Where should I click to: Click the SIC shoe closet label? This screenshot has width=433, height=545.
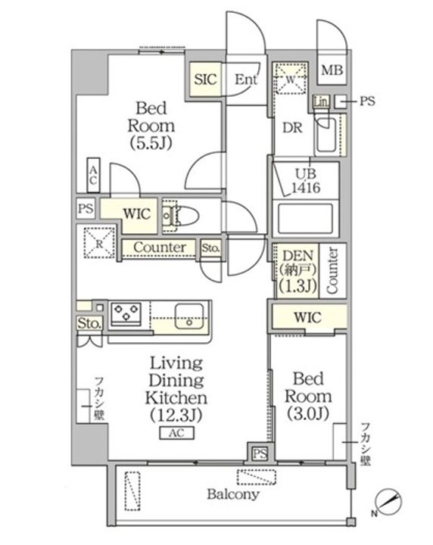(205, 79)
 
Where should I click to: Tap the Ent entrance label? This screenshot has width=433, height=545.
(246, 79)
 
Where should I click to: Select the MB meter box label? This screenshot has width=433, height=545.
(332, 70)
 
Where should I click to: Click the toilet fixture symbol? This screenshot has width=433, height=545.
(181, 215)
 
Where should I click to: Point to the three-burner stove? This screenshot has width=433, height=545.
(126, 313)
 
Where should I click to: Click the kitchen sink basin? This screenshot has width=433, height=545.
(189, 316)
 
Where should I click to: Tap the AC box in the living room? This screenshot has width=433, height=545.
(176, 433)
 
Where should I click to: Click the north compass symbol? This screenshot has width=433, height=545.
(388, 503)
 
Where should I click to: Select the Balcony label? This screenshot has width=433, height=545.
(233, 494)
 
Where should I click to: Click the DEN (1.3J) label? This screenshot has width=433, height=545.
(298, 271)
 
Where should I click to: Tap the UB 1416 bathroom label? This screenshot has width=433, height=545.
(306, 181)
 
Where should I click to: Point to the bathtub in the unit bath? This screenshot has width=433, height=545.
(306, 218)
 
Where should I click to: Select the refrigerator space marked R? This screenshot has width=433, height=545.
(99, 243)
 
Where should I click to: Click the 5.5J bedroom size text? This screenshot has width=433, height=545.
(151, 143)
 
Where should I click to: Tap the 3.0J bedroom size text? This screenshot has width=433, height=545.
(308, 413)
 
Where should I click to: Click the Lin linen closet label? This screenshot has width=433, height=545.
(322, 101)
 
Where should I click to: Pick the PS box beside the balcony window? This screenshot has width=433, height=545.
(260, 453)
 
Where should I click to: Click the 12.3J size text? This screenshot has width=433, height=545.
(176, 416)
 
